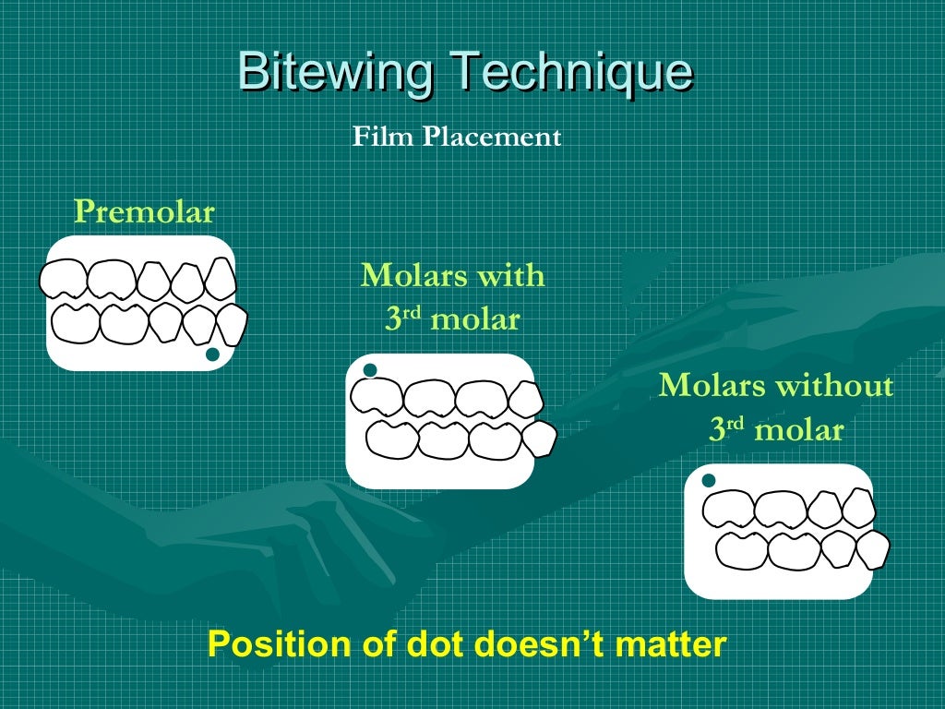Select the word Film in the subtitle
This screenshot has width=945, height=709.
point(383,138)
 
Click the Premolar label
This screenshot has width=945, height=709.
point(144,212)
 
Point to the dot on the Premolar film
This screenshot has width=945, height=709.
point(212,354)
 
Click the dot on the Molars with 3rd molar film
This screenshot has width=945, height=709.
point(370,371)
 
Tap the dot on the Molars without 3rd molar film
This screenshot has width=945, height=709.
point(709,481)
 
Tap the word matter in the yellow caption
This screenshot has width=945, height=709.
point(678,643)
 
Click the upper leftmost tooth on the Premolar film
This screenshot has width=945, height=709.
point(63,279)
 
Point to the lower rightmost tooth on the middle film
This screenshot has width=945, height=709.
point(540,438)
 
